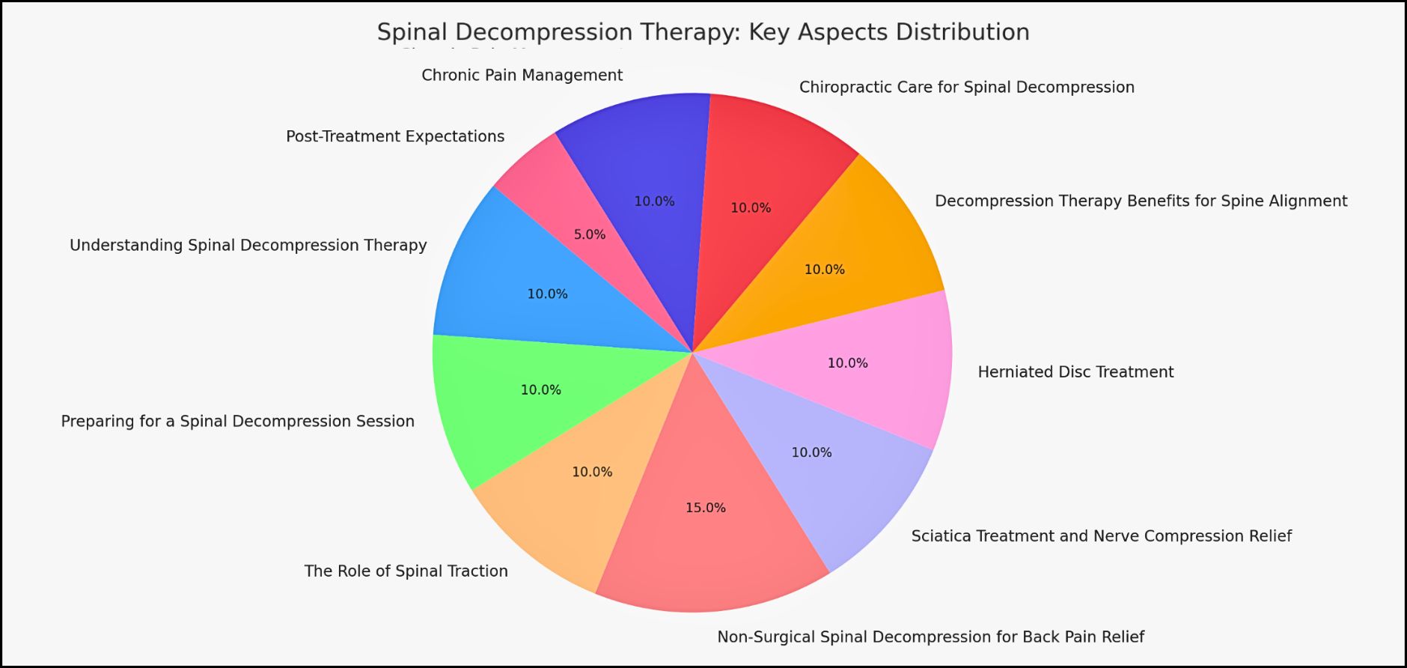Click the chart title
(x=703, y=32)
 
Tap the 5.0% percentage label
(x=590, y=234)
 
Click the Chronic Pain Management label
(x=522, y=75)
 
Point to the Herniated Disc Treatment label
(x=1075, y=371)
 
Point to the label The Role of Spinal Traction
(x=406, y=571)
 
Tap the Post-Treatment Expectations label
(x=395, y=136)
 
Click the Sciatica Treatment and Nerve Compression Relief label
(x=1101, y=535)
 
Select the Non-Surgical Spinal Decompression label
(x=930, y=637)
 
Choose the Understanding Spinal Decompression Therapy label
(x=248, y=245)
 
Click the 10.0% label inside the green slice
(x=541, y=389)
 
